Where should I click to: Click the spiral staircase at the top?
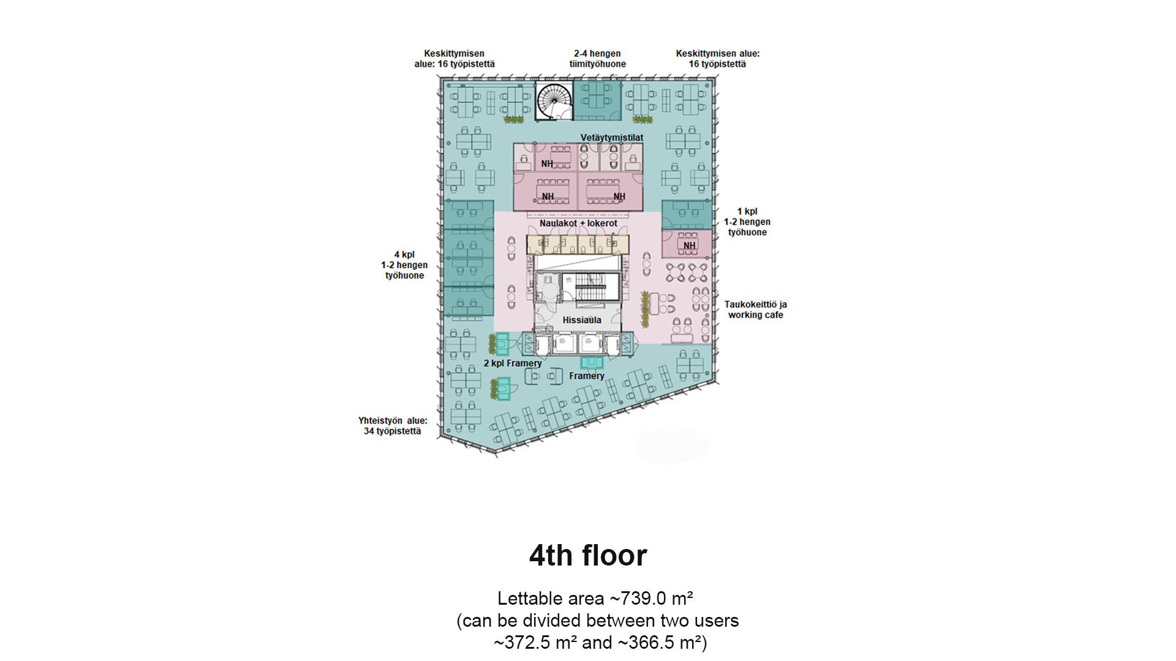[554, 101]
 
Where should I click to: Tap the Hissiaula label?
[582, 320]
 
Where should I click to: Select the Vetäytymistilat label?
[612, 138]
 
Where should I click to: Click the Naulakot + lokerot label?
[578, 223]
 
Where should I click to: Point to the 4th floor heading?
[588, 556]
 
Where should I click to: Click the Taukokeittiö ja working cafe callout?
[755, 310]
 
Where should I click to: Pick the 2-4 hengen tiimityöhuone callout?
[597, 59]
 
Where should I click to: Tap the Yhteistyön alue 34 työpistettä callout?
[393, 426]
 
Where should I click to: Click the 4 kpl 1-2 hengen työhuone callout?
[404, 265]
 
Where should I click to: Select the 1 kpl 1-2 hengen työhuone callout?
[747, 222]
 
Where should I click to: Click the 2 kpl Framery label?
[513, 364]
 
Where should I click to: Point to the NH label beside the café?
[690, 245]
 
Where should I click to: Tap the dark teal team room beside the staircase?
[597, 100]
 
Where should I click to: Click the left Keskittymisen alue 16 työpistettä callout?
[454, 59]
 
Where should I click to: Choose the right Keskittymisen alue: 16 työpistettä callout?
[717, 59]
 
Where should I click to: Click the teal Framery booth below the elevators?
[592, 362]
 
